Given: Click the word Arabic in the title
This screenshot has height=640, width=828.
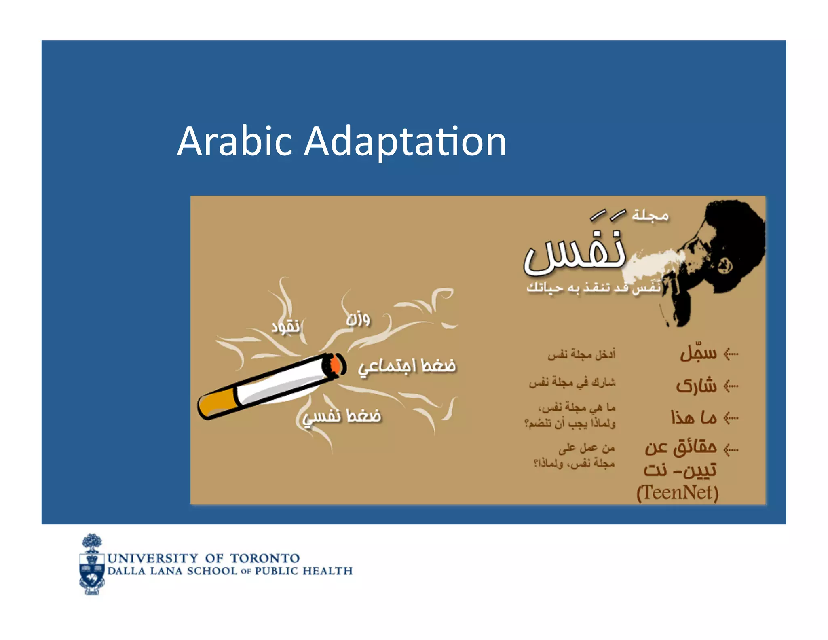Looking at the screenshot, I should (234, 142).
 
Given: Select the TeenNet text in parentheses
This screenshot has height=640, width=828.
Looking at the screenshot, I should (677, 493).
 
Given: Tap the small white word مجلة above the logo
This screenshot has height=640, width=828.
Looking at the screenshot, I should (650, 216).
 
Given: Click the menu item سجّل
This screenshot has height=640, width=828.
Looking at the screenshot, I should (698, 353).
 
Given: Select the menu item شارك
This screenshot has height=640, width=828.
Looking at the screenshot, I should (696, 386).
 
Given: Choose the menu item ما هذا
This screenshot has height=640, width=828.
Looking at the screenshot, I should (694, 417).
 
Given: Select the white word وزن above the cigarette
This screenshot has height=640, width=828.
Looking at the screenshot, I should (358, 319).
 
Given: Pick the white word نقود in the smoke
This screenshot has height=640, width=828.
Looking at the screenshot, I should (285, 326).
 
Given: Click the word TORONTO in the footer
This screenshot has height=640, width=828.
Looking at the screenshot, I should (265, 558).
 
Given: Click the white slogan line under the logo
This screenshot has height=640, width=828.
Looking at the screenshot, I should (593, 287).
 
